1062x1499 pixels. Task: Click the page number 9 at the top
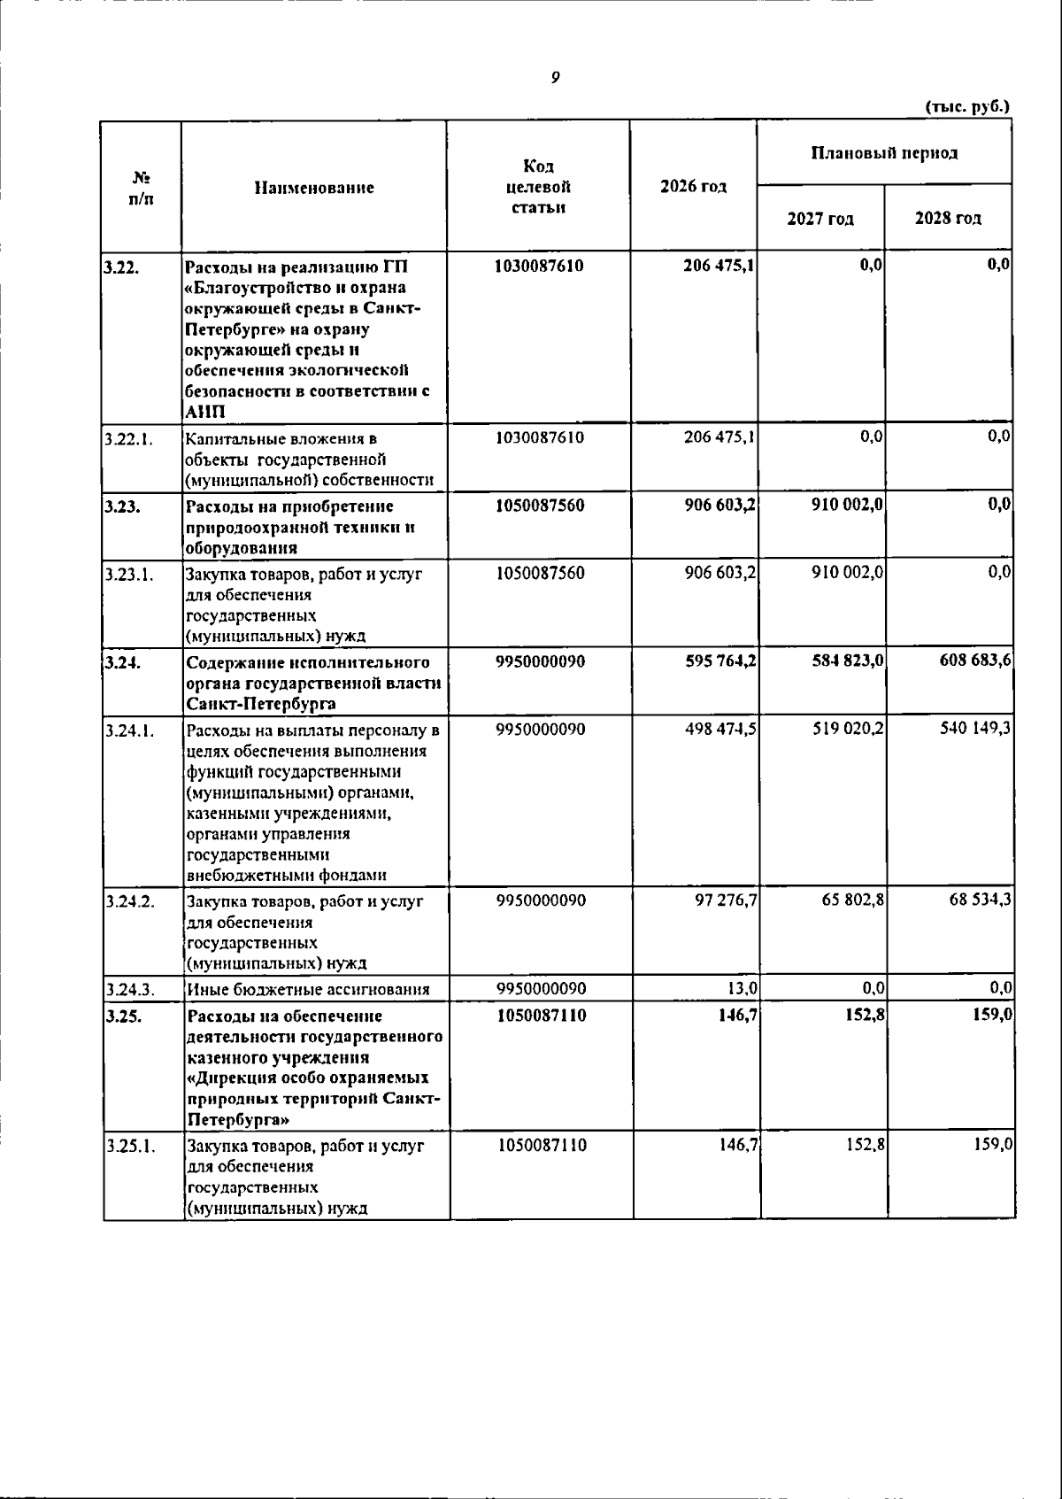click(555, 78)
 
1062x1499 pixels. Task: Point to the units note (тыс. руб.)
click(967, 106)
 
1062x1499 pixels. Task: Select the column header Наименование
click(314, 188)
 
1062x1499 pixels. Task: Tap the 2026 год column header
click(693, 187)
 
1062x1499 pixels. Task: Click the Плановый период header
click(884, 153)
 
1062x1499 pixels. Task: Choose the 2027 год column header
click(820, 219)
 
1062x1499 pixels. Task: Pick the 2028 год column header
click(948, 219)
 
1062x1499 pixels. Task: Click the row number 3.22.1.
click(128, 438)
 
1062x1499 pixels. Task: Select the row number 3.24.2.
click(129, 901)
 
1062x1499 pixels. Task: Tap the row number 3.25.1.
click(129, 1146)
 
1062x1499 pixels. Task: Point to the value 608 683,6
click(975, 662)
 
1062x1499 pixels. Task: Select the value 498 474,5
click(720, 730)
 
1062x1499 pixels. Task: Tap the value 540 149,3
click(975, 730)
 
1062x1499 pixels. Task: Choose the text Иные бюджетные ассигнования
click(308, 990)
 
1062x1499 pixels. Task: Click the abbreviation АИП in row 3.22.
click(205, 413)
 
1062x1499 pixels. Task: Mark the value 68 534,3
click(980, 901)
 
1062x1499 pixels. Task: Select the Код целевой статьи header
click(538, 187)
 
